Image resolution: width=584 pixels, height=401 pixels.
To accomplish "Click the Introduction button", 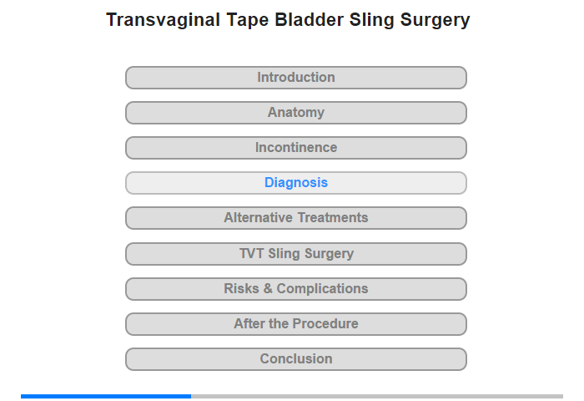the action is [295, 78].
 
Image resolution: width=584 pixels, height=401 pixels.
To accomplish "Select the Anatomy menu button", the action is [295, 113].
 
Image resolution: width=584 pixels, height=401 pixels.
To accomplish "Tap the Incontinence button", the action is [295, 148].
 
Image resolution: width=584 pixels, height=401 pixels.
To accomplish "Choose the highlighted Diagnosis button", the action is [295, 183].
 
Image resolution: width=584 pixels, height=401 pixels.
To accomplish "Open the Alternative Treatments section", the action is [295, 218].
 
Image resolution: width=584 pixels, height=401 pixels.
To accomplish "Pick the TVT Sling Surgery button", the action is [295, 254].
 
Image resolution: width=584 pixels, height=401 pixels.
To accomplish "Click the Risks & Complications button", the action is [295, 289].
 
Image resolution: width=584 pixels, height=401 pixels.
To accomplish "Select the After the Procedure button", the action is [295, 324].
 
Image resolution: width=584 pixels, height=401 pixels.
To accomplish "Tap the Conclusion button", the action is [295, 359].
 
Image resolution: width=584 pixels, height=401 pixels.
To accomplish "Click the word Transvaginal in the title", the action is [164, 20].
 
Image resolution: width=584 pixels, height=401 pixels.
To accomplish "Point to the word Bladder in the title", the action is [310, 19].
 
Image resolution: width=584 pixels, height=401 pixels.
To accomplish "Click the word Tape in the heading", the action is [247, 21].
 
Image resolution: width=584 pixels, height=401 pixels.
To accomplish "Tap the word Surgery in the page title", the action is [435, 21].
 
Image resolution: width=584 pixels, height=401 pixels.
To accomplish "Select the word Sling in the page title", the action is [372, 21].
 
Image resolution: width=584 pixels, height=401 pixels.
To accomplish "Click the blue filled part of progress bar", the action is [106, 396].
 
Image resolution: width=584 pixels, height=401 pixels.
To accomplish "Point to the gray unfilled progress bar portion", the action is [377, 396].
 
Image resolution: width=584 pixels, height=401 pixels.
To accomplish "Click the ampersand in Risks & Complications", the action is [268, 289].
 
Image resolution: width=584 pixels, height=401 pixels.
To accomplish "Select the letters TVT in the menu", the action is [251, 253].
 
